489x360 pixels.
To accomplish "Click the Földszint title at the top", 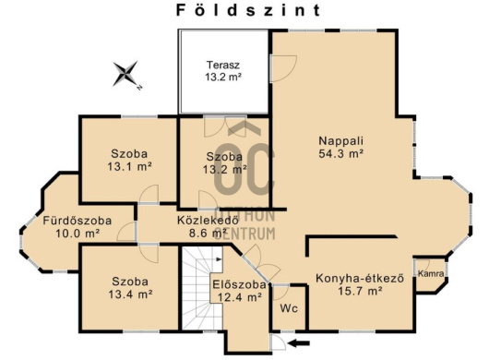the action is coord(248,10).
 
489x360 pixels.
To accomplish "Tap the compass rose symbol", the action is coord(125,74).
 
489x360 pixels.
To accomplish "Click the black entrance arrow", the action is coord(299,343).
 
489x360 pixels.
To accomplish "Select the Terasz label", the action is coord(223,65).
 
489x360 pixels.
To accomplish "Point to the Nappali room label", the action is coord(340,140).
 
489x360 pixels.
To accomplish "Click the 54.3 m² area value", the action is coord(340,153).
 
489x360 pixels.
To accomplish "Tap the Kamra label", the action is coord(431,273).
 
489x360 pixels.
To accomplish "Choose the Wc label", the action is coord(289,308).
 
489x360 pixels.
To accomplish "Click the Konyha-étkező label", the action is coord(360,278).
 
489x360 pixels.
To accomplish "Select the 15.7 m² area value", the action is coord(360,291).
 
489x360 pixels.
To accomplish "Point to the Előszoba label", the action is coord(240,284).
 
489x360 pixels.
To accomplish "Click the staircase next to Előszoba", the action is coord(202,288).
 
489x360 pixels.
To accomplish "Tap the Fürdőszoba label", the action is coord(77,221).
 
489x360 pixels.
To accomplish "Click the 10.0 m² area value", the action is coord(78,234).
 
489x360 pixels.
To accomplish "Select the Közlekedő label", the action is coord(208,220).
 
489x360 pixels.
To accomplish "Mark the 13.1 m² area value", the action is coord(130,166).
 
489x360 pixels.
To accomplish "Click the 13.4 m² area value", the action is coord(130,294).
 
